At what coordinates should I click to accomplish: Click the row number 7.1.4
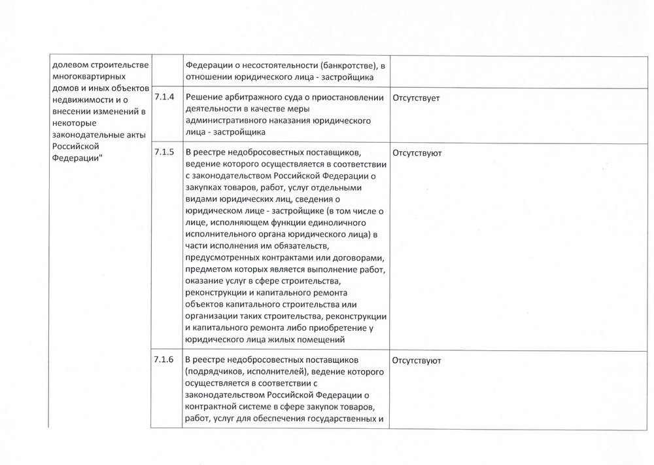click(163, 97)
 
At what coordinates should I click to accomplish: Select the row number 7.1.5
click(163, 152)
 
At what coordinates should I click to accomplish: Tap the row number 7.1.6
click(163, 360)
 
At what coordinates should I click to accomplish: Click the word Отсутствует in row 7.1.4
click(416, 98)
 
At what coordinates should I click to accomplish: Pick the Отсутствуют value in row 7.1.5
click(417, 153)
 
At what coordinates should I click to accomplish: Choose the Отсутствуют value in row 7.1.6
click(417, 361)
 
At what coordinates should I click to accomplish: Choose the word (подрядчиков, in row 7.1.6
click(216, 372)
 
